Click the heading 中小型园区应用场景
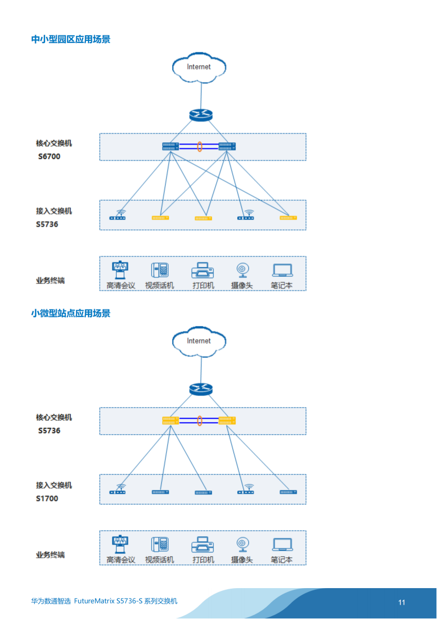pos(71,39)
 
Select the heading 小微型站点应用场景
pos(71,314)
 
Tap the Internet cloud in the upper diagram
pos(199,67)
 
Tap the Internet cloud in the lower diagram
pos(199,342)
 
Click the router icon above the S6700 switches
pos(201,115)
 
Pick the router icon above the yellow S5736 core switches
pos(201,389)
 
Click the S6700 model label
pos(49,157)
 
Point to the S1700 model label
pos(47,499)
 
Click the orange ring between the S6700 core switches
pos(200,147)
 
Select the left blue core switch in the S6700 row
pos(171,147)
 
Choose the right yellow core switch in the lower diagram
pos(227,421)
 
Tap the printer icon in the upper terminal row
pos(203,271)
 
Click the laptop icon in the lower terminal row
pos(282,545)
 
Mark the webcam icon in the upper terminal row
pos(242,271)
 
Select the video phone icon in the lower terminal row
pos(160,545)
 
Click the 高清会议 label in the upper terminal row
pos(121,286)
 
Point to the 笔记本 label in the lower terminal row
pos(282,560)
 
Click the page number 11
pos(402,602)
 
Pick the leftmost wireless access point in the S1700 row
pos(117,489)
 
